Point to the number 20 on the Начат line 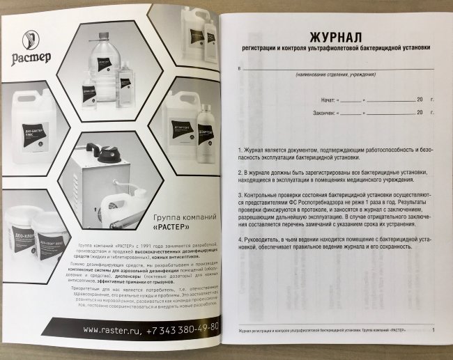click(x=420, y=100)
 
